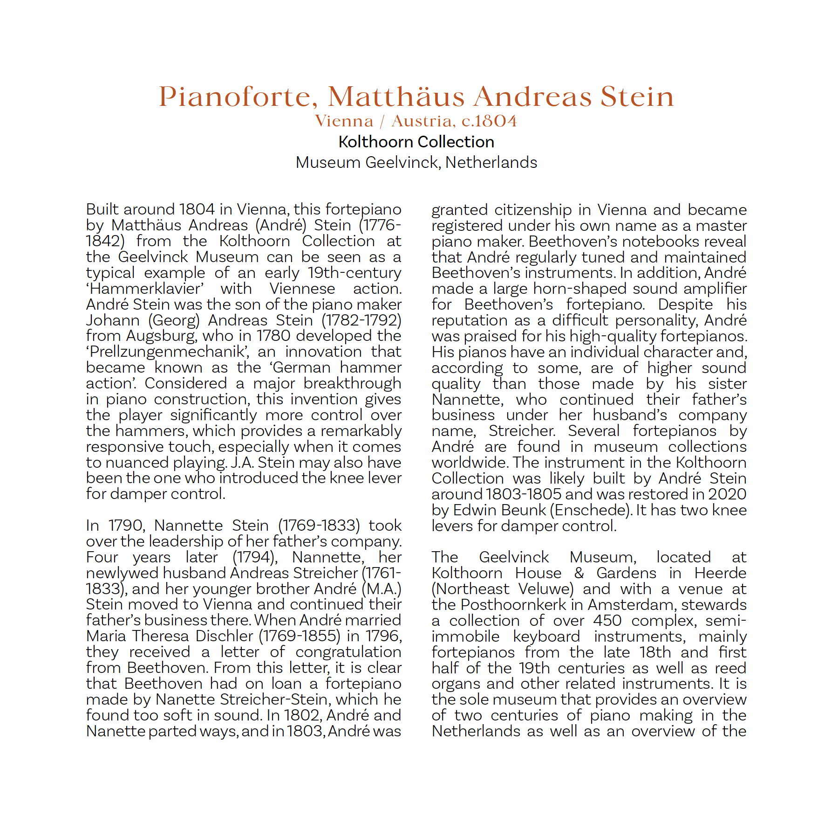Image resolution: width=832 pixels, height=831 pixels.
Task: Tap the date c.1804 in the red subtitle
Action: click(x=489, y=121)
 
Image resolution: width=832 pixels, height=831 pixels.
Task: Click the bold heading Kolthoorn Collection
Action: click(x=416, y=142)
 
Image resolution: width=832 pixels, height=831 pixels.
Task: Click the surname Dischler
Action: click(x=225, y=636)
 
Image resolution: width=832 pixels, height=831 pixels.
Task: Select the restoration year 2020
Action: click(x=727, y=494)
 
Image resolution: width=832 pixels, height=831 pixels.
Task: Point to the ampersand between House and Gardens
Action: click(x=579, y=573)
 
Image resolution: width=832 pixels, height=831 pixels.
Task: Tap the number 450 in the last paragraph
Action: click(x=607, y=621)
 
